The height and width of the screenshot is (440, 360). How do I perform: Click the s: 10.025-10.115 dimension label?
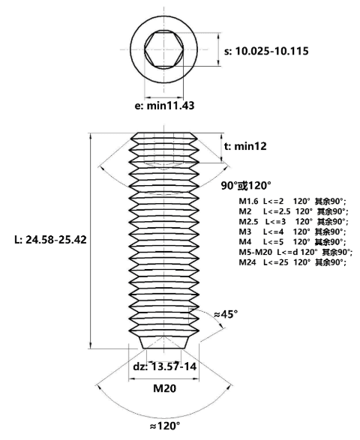pyautogui.click(x=266, y=52)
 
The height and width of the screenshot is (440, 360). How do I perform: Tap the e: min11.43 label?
pyautogui.click(x=164, y=106)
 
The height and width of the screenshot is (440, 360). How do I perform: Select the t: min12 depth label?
pyautogui.click(x=245, y=146)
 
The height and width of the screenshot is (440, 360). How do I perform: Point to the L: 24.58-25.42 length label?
pyautogui.click(x=50, y=240)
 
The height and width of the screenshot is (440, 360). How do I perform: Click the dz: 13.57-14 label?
pyautogui.click(x=165, y=367)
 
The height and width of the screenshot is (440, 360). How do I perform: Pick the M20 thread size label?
pyautogui.click(x=165, y=388)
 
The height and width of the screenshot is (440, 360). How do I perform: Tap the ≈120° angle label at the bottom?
pyautogui.click(x=165, y=427)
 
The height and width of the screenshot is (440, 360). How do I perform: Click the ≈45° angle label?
pyautogui.click(x=226, y=314)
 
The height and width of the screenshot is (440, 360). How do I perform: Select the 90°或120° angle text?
pyautogui.click(x=246, y=185)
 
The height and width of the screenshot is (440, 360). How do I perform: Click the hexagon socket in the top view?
pyautogui.click(x=164, y=49)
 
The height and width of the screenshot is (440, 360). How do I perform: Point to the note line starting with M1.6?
pyautogui.click(x=292, y=202)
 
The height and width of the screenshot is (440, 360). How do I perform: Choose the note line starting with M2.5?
pyautogui.click(x=293, y=222)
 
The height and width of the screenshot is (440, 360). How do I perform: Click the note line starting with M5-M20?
pyautogui.click(x=295, y=252)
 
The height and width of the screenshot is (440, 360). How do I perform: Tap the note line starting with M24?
pyautogui.click(x=292, y=262)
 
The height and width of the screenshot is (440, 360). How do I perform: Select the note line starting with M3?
pyautogui.click(x=292, y=232)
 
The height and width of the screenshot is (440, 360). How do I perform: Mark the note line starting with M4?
pyautogui.click(x=292, y=242)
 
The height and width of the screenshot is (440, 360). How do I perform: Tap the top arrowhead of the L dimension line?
pyautogui.click(x=91, y=136)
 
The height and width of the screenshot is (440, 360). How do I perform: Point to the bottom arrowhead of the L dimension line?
pyautogui.click(x=91, y=346)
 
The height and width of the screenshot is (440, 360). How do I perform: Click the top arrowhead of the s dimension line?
pyautogui.click(x=219, y=36)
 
